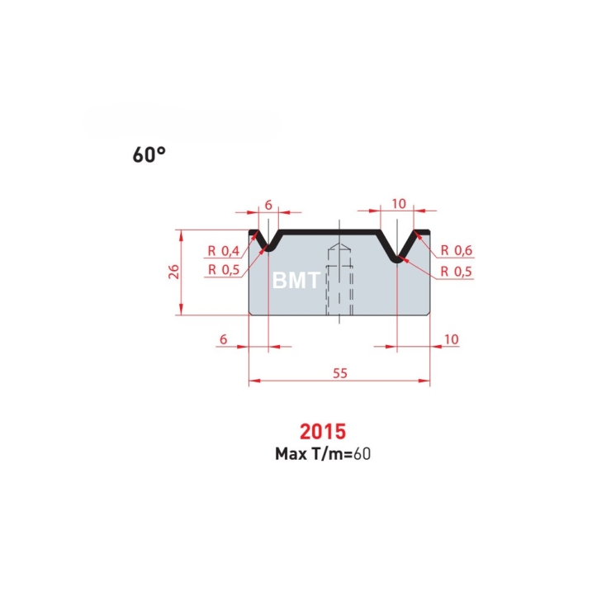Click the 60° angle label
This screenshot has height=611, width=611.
pyautogui.click(x=149, y=154)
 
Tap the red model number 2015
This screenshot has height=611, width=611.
pyautogui.click(x=323, y=431)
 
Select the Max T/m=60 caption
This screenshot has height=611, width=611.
pyautogui.click(x=323, y=454)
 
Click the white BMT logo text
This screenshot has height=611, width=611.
pyautogui.click(x=296, y=280)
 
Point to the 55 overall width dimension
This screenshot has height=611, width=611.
pyautogui.click(x=340, y=373)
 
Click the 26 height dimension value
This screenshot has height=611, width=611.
pyautogui.click(x=173, y=272)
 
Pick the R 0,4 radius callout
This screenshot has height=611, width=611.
pyautogui.click(x=224, y=250)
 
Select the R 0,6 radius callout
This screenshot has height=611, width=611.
pyautogui.click(x=457, y=250)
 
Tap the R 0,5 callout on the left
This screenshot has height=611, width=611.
pyautogui.click(x=224, y=269)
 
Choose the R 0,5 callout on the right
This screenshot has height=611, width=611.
pyautogui.click(x=456, y=271)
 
